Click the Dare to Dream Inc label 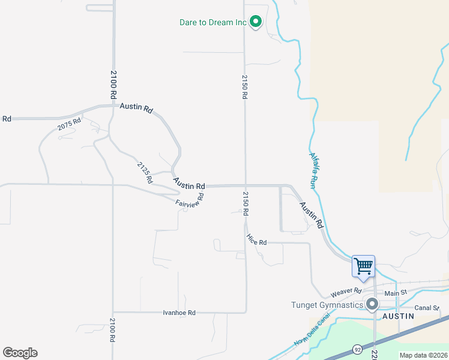click(x=213, y=23)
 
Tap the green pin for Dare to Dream click(x=256, y=22)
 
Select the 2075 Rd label click(x=69, y=127)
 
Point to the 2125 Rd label click(x=143, y=172)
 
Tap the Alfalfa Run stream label click(x=316, y=167)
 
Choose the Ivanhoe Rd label click(x=179, y=313)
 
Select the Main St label click(x=396, y=293)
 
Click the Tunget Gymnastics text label click(x=327, y=305)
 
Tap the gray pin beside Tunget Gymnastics click(x=372, y=304)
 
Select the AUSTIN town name click(x=398, y=316)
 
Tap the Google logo click(x=20, y=353)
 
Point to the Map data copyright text click(x=423, y=355)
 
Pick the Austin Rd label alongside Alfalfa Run click(x=312, y=214)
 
